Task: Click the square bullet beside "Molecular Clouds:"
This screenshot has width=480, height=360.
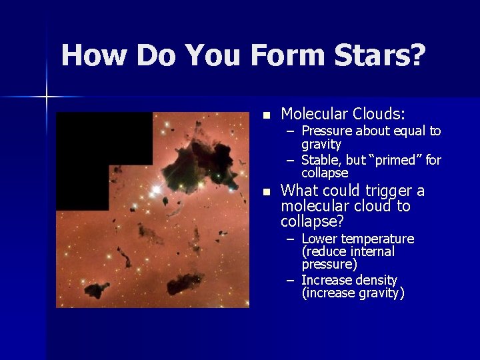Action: [267, 116]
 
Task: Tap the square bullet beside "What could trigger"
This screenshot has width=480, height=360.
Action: [267, 192]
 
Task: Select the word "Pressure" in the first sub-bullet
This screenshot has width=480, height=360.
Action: [328, 131]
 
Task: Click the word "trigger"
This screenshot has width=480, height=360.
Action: [386, 191]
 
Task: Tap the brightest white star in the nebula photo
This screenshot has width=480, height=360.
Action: [156, 191]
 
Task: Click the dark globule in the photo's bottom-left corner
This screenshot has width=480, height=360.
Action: [96, 289]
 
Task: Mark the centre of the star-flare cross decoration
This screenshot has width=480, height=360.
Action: [47, 97]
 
